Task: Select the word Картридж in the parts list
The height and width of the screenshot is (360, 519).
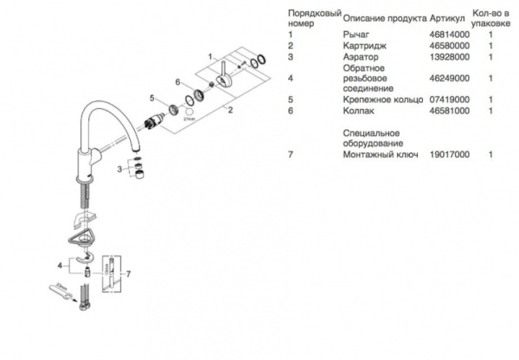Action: pos(365,45)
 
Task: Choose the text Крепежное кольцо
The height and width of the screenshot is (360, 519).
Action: pos(381,100)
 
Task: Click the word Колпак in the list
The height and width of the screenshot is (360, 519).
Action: pos(360,111)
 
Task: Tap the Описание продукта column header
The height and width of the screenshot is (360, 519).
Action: pos(384,16)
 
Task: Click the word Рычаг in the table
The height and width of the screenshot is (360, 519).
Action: pos(356,33)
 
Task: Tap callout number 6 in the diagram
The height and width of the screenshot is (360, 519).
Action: pos(177,81)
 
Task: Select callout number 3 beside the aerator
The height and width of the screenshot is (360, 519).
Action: pos(119,170)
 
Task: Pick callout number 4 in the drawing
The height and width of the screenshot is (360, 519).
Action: pos(60,261)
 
